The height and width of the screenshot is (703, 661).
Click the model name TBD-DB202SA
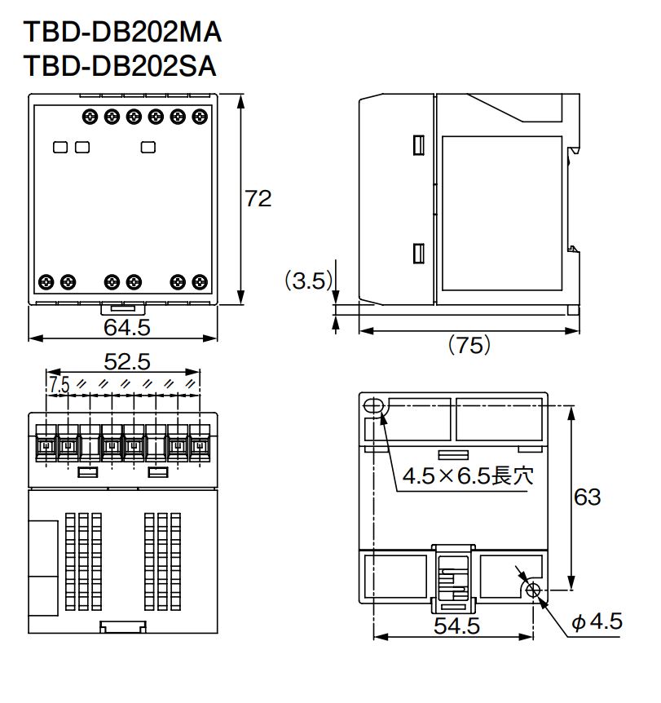point(120,66)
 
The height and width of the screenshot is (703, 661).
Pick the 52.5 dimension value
point(126,360)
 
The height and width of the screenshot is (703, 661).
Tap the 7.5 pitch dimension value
point(58,385)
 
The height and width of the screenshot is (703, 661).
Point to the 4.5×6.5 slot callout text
point(468,475)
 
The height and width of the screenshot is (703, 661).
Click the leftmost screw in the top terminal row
point(90,117)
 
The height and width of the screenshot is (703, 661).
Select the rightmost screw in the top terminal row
point(199,117)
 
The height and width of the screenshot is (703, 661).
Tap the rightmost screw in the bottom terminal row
point(199,281)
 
